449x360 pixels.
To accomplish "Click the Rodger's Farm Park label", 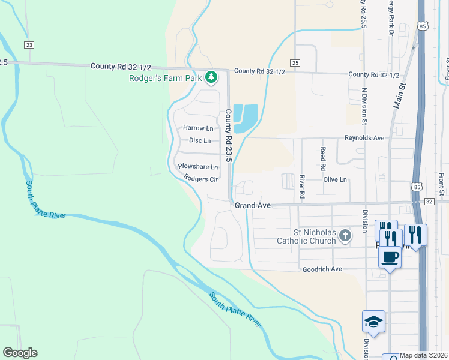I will coord(166,77).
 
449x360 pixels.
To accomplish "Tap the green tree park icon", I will coord(211,77).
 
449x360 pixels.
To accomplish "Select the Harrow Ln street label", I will coord(198,128).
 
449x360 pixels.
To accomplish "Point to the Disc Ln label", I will coord(200,141).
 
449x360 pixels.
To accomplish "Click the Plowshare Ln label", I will coord(197,167).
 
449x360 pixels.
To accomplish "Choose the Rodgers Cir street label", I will coord(200,179).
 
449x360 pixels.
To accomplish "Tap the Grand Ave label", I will coord(252,205).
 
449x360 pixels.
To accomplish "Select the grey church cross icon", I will coord(345,235).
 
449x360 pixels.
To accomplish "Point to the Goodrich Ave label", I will coord(322,269).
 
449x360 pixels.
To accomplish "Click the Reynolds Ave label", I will coord(364,138).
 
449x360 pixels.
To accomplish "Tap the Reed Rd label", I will coord(323,158).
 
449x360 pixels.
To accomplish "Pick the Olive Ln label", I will coord(335,179).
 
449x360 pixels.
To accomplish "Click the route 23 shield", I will coord(29,44).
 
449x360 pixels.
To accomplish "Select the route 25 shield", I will coord(294,62).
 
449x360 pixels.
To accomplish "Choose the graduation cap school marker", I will coord(373,322).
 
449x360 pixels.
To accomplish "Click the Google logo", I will coord(20,353).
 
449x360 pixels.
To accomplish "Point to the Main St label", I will coord(399,95).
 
